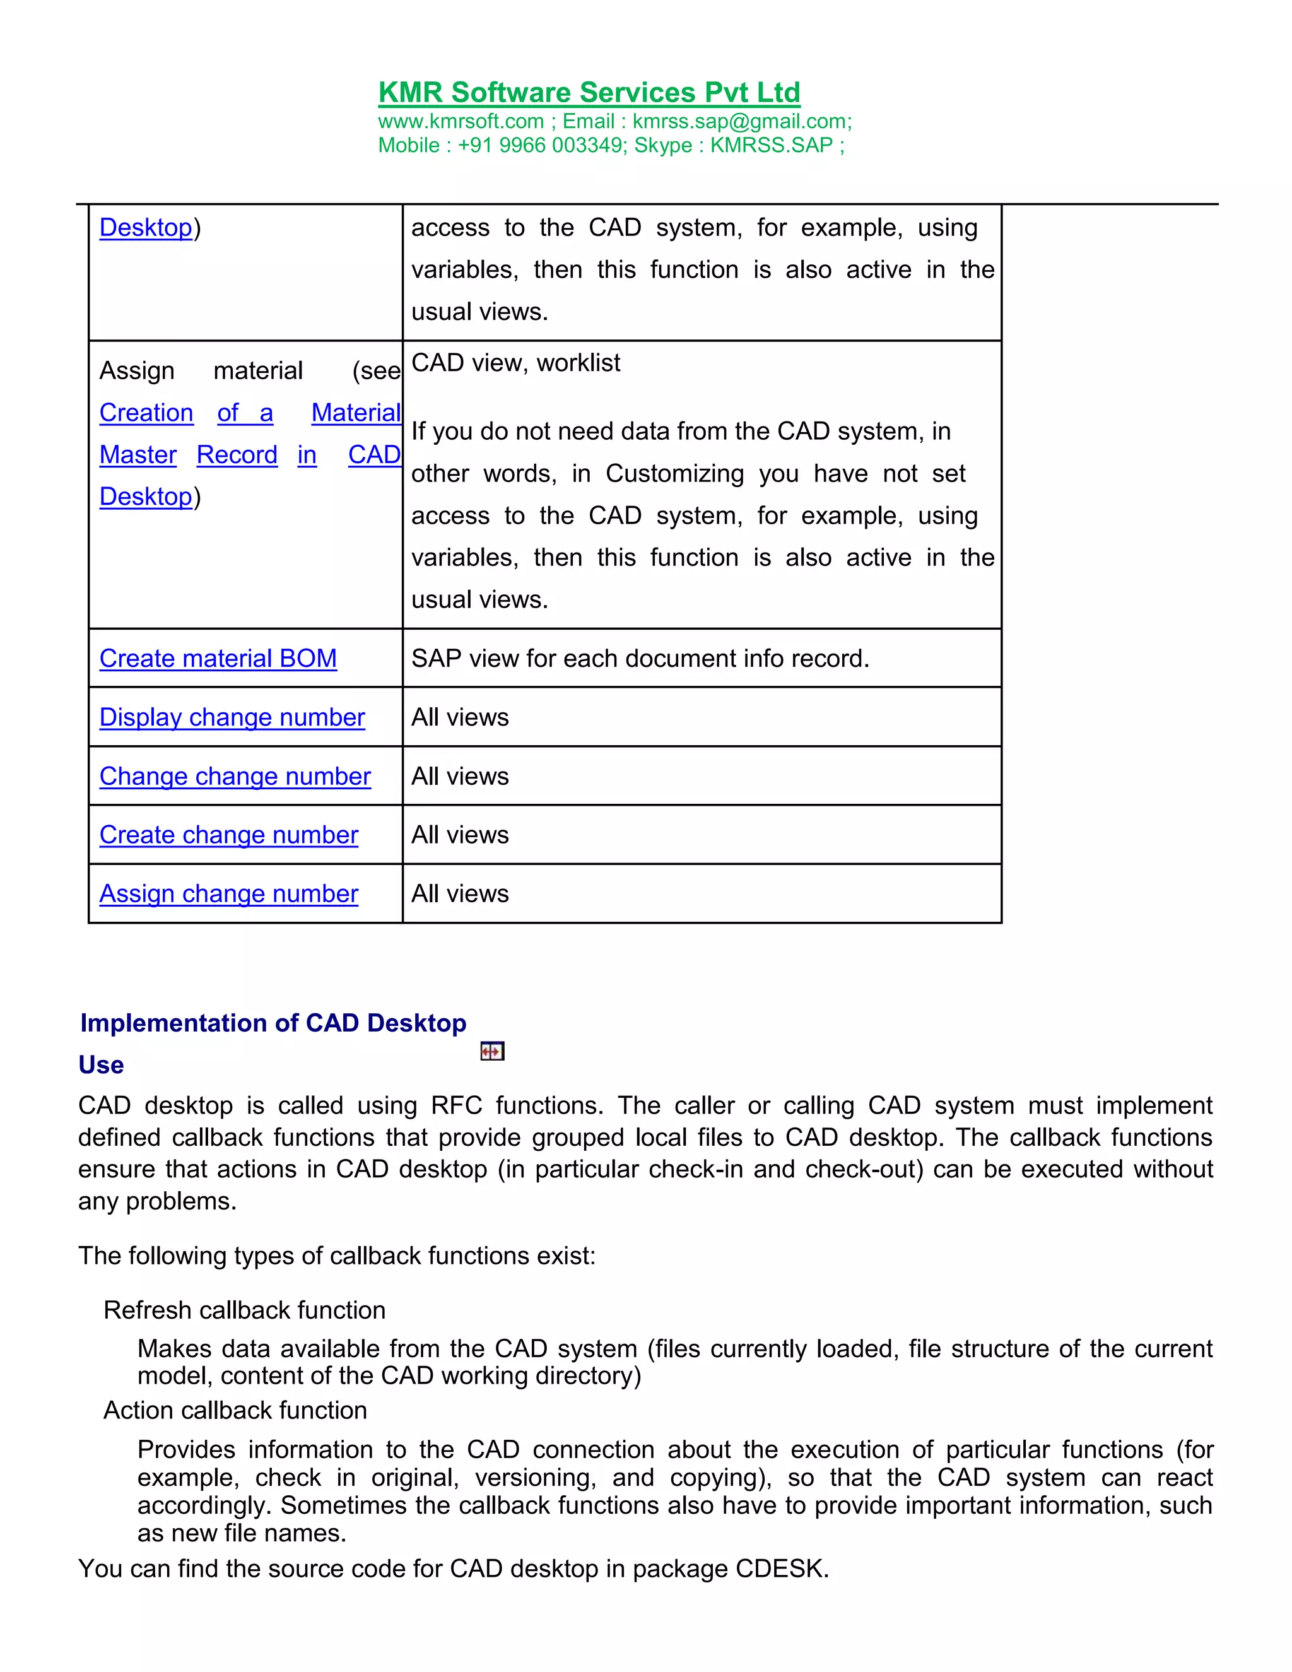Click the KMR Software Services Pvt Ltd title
point(589,93)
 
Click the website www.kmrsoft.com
point(461,122)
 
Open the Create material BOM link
point(218,658)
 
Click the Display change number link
point(232,717)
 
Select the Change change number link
point(235,776)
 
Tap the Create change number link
point(229,835)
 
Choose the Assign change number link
point(229,894)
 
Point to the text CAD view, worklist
point(516,363)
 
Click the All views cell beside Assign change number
point(460,894)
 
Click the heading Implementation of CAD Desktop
point(273,1023)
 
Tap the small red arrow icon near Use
point(492,1052)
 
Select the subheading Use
point(101,1065)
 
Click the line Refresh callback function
point(244,1310)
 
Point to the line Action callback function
point(235,1410)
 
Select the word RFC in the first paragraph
point(456,1105)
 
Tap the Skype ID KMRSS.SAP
point(771,146)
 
